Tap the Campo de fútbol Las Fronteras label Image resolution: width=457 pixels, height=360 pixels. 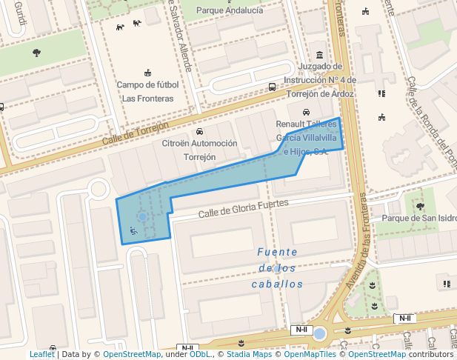coord(147,91)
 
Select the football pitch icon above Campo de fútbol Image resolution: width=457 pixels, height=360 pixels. coord(147,73)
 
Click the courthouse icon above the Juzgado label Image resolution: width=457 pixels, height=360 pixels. coord(320,56)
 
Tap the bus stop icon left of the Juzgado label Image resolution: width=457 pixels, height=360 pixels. coord(273,87)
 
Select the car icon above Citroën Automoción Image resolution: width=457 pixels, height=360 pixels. coord(199,132)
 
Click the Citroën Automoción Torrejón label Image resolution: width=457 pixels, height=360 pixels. coord(199,150)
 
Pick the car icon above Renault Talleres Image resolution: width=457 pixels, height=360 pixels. coord(307,112)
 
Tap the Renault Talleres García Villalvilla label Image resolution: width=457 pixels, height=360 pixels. coord(307,138)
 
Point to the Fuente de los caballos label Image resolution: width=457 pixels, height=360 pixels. coord(278,267)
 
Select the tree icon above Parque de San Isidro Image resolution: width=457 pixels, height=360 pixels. coord(421,206)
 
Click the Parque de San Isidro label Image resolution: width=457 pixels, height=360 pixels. coord(419,219)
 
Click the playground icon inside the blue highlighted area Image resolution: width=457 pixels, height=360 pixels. coord(133,230)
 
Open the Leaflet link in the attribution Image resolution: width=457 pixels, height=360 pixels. coord(41,355)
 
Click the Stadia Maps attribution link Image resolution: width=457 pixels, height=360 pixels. coord(249,355)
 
